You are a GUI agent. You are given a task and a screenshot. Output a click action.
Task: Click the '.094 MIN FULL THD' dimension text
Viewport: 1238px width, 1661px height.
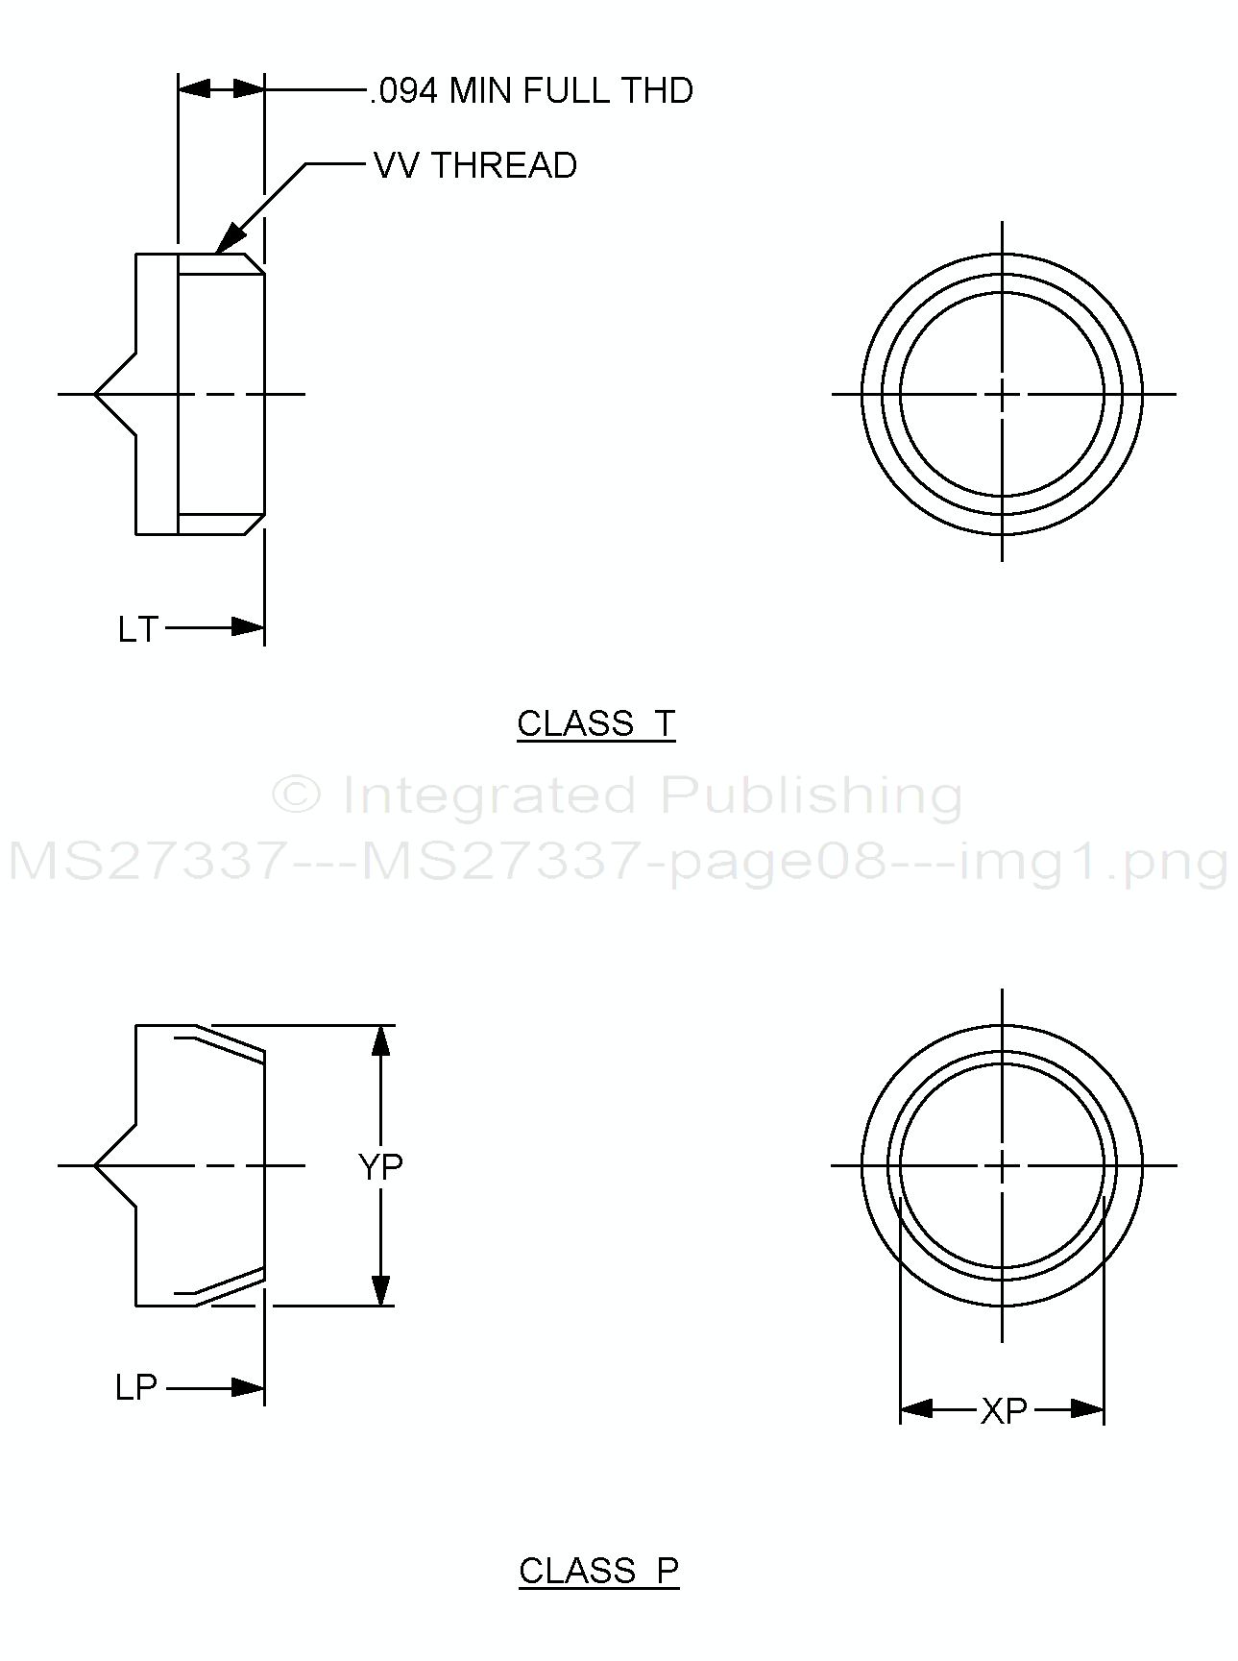tap(531, 90)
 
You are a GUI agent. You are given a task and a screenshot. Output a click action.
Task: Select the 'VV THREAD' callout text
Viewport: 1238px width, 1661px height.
tap(475, 165)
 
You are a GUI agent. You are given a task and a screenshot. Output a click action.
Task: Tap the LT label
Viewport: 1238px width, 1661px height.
tap(137, 630)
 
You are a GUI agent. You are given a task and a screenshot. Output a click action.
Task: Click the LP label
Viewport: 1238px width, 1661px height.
tap(135, 1387)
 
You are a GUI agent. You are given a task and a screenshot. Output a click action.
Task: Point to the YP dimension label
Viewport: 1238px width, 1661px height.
tap(380, 1166)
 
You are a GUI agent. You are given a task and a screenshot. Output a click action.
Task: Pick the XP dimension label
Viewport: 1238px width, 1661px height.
tap(1004, 1410)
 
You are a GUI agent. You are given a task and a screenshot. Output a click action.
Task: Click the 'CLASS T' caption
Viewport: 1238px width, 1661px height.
tap(596, 722)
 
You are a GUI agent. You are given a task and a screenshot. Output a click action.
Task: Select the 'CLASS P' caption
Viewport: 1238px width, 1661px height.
tap(598, 1570)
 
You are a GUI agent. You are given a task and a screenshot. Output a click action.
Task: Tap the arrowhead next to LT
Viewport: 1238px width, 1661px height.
tap(248, 628)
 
